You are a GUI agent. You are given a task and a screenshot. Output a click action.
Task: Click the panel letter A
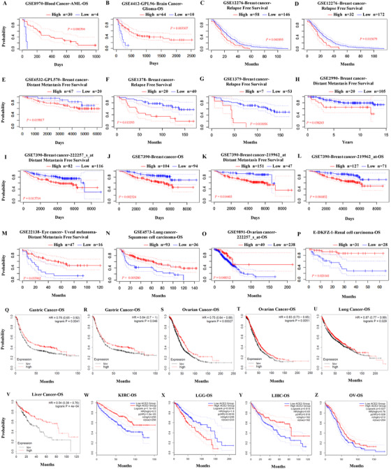pyautogui.click(x=4, y=5)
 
